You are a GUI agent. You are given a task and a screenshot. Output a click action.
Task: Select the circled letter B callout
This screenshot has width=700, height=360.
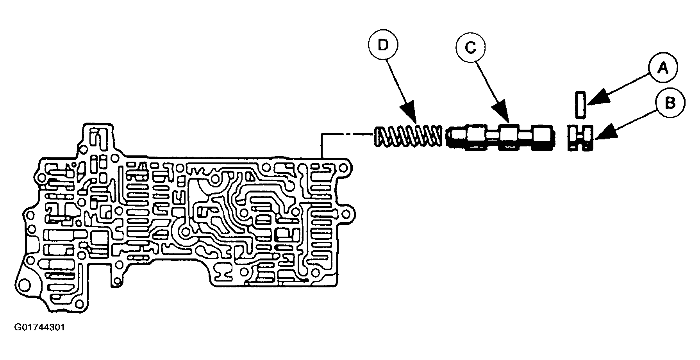pos(670,103)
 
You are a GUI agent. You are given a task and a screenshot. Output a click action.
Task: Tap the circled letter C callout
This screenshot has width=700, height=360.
pos(470,48)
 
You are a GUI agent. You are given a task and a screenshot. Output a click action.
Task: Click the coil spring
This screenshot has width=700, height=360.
pos(408,137)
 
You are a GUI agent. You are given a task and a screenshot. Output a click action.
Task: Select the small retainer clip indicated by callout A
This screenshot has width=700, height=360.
pos(581,104)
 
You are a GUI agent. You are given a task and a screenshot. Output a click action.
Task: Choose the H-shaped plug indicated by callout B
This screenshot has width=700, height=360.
pos(580,137)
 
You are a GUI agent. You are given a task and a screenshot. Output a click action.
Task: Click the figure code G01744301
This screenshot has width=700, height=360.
pos(39,327)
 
